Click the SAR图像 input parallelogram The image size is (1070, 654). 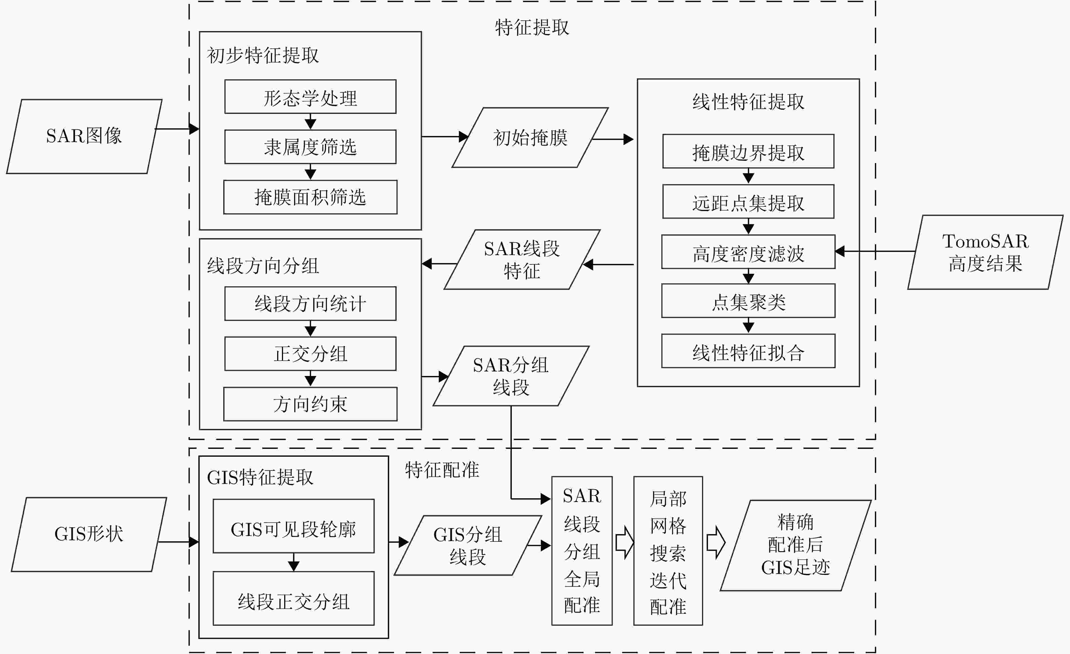point(84,136)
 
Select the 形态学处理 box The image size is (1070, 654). point(310,97)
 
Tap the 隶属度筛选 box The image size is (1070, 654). point(310,147)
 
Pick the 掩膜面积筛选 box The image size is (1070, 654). point(310,197)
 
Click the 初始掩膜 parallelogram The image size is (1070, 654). point(530,137)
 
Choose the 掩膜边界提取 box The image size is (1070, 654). point(748,151)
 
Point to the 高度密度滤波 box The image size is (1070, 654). point(748,252)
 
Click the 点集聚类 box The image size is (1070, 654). point(748,300)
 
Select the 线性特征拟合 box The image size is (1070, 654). point(748,351)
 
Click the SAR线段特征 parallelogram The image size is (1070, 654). point(522,259)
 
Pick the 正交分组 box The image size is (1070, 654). point(310,354)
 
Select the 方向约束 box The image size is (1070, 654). point(310,404)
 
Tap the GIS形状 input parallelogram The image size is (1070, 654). point(89,534)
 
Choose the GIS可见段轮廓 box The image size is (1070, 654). point(294,526)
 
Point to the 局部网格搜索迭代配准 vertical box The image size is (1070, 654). point(668,551)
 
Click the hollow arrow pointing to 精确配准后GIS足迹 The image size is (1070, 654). point(716,542)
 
